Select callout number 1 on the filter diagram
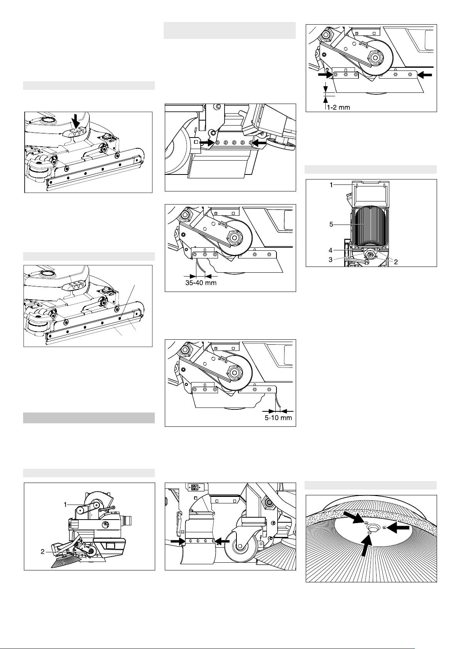[x=331, y=185]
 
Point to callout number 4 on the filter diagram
[x=331, y=250]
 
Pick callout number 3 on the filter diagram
[x=331, y=259]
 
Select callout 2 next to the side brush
[x=43, y=552]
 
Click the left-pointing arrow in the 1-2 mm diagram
[x=425, y=76]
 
